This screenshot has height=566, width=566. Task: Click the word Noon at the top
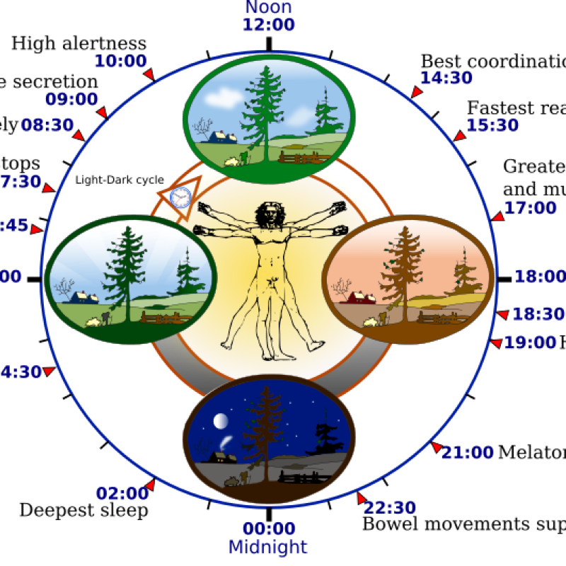tap(268, 8)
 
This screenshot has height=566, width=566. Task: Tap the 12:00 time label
tap(268, 25)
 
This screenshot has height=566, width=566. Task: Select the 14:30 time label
tap(446, 78)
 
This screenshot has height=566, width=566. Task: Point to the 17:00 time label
tap(531, 208)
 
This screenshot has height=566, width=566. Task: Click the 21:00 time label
tap(468, 452)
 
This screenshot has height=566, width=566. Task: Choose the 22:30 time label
tap(391, 507)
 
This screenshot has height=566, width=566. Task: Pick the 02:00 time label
tap(122, 493)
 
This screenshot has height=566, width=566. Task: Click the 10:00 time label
tap(120, 61)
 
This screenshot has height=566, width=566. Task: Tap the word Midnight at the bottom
tap(268, 547)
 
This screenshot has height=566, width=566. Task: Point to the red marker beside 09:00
tap(103, 112)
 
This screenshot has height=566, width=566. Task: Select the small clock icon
tap(181, 196)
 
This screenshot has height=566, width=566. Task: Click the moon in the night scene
tap(221, 422)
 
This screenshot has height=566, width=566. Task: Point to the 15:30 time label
tap(492, 125)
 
